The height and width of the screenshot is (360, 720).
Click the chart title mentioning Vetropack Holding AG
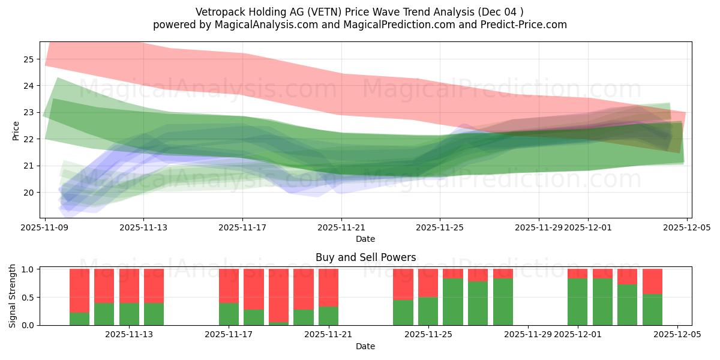(359, 11)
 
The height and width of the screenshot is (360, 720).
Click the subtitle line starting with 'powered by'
(359, 25)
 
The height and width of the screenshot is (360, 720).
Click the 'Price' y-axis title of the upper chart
(16, 130)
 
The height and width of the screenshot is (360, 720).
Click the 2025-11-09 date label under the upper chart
(45, 227)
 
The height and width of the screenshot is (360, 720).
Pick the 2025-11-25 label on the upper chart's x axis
(440, 227)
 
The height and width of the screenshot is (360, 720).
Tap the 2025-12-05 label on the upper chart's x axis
(686, 227)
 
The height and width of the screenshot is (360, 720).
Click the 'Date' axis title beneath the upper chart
(365, 239)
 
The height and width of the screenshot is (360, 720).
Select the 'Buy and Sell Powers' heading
(365, 257)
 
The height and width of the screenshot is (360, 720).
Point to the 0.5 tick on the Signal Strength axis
(28, 298)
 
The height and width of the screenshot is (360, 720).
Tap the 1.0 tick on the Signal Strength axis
(28, 269)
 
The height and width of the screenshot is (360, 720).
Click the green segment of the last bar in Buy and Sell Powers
(652, 310)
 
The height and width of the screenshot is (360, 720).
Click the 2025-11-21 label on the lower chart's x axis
(328, 334)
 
